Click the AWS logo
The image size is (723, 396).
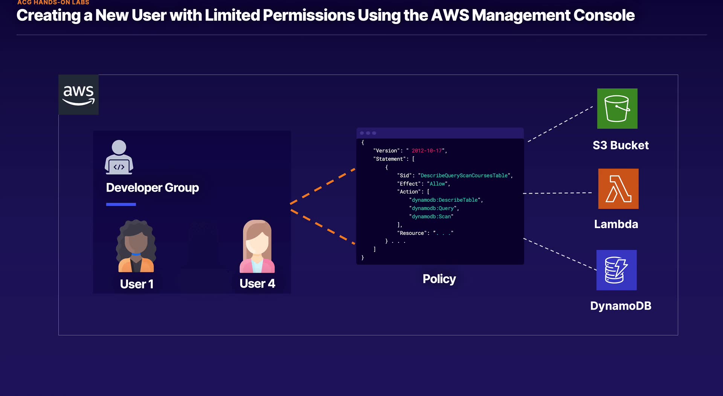(x=78, y=95)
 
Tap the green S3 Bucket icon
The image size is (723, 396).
(x=617, y=108)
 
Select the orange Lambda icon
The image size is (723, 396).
(x=618, y=189)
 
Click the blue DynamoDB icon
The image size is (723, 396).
(x=616, y=270)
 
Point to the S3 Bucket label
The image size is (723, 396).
(x=621, y=145)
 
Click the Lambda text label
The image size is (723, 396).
(x=616, y=224)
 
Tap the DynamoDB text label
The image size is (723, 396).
(x=621, y=306)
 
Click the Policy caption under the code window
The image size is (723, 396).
(x=439, y=279)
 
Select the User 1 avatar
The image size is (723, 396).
(x=136, y=247)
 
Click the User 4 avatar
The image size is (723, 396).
(x=257, y=247)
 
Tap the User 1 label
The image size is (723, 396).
(x=137, y=284)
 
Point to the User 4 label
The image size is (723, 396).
(x=257, y=283)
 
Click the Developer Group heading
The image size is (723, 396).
(x=153, y=187)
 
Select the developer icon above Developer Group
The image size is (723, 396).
(x=119, y=157)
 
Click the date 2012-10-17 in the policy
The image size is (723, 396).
(x=427, y=151)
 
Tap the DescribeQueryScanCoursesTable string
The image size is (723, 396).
(x=464, y=175)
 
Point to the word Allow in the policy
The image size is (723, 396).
(x=437, y=184)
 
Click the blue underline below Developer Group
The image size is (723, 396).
(x=121, y=204)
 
